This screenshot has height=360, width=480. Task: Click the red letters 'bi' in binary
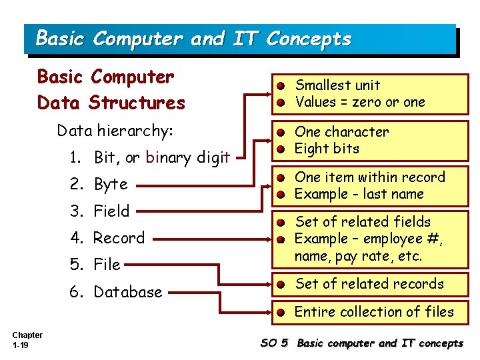coord(151,158)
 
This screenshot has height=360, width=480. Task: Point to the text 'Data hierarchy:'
coord(115,131)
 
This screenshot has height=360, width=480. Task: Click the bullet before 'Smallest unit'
coord(283,86)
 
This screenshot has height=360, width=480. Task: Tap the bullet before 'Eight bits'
coord(283,149)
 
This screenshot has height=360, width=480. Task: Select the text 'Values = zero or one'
coord(360,102)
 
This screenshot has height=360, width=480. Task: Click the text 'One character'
coord(341,132)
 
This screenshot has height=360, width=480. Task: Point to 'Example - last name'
coord(359,194)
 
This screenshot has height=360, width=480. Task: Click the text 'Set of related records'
coord(369,284)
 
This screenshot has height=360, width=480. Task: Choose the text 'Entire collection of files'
coord(374,312)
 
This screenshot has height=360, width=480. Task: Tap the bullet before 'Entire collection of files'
coord(283,313)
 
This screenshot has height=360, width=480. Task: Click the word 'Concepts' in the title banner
coord(308,39)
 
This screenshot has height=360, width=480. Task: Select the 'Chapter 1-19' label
coord(27,340)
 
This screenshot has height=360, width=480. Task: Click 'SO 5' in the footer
coord(274,343)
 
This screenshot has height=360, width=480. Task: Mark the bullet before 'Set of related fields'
coord(283,223)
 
